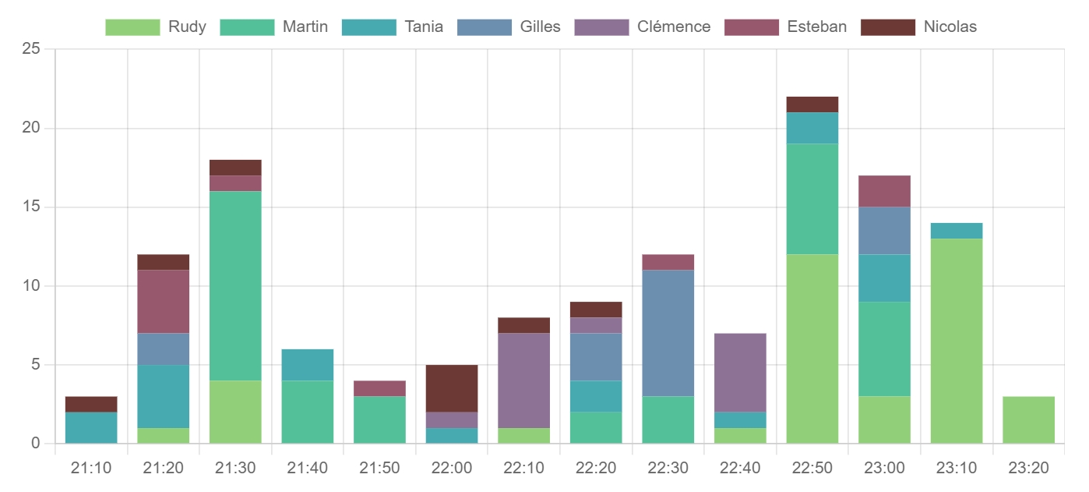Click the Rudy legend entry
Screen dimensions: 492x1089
coord(156,27)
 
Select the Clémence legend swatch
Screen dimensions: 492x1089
coord(601,27)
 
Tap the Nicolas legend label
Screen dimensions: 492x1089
coord(950,27)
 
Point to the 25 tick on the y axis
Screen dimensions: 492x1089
coord(30,49)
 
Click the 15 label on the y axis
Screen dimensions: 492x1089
coord(30,207)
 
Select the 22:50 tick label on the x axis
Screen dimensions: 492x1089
coord(812,469)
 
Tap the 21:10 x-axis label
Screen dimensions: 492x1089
coord(91,469)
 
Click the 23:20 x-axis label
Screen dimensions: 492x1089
coord(1028,469)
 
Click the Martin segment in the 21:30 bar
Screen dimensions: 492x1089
coord(235,286)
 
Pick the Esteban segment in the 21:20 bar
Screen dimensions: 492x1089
coord(164,302)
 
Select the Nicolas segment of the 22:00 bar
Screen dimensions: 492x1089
coord(452,388)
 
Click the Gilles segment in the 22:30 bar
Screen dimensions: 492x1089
coord(668,333)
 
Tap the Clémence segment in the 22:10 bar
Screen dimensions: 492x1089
coord(523,381)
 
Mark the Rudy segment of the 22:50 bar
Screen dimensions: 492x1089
coord(812,349)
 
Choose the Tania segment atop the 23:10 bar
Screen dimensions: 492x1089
coord(956,231)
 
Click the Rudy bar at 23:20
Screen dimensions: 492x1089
coord(1028,420)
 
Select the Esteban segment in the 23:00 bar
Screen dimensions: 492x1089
coord(884,191)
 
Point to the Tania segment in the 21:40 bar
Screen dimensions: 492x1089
coord(308,365)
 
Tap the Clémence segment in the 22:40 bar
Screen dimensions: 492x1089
coord(740,373)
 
